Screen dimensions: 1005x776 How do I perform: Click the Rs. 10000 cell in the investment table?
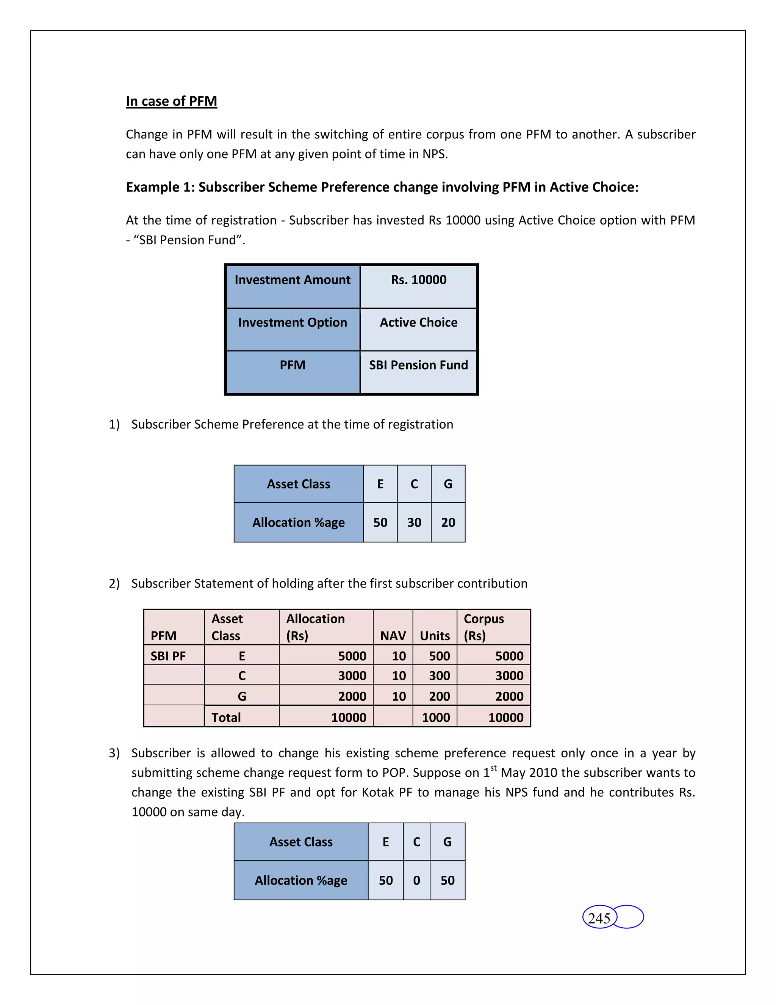418,280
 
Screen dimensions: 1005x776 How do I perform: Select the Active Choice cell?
418,323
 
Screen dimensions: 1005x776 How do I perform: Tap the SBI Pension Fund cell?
418,365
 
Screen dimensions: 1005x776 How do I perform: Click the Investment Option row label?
293,323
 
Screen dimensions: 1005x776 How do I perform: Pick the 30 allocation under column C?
414,522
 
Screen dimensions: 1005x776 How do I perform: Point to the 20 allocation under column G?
448,522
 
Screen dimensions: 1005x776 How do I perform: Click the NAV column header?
393,636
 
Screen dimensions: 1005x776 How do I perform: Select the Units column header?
435,636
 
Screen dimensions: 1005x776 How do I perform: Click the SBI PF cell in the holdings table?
168,656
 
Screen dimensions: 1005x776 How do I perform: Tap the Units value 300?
439,675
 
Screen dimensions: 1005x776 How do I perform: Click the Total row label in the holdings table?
226,718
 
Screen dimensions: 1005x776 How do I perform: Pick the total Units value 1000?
435,718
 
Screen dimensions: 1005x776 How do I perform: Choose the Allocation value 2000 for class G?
352,696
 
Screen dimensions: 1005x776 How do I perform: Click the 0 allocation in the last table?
416,880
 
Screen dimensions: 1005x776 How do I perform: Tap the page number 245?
599,918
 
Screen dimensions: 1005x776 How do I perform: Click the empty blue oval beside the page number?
629,917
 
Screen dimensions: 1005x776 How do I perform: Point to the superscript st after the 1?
493,768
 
